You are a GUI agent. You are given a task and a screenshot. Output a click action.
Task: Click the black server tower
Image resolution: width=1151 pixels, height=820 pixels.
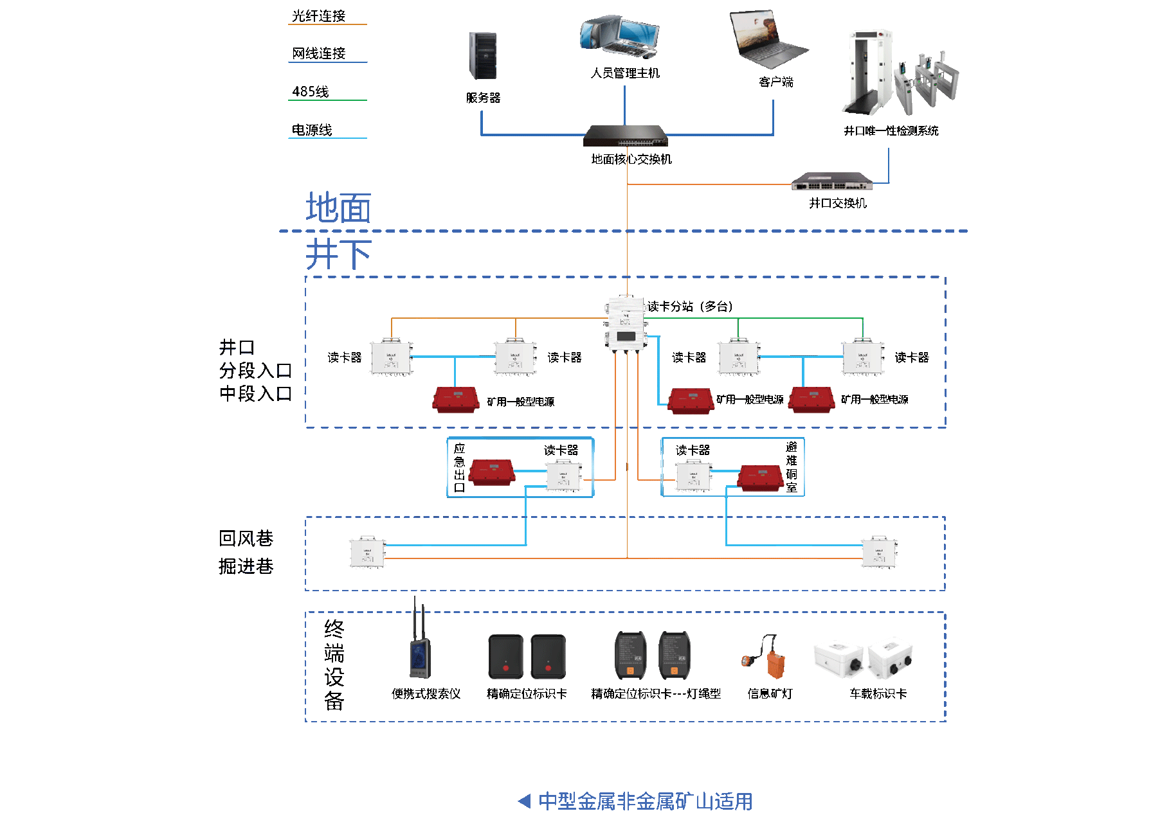(x=483, y=56)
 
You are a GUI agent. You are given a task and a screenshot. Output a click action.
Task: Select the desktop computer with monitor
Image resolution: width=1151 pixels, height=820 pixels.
(x=620, y=37)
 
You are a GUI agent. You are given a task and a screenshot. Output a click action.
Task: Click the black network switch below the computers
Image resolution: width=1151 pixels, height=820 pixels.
(x=624, y=136)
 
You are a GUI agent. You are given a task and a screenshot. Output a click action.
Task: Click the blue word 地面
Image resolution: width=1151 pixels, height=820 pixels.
(x=338, y=208)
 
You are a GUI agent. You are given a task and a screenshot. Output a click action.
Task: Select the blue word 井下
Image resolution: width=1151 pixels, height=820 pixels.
(x=338, y=254)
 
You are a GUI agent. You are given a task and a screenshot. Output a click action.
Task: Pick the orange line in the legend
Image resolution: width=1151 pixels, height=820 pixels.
(x=327, y=24)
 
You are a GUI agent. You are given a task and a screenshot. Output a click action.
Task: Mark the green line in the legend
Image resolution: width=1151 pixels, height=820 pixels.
(x=327, y=100)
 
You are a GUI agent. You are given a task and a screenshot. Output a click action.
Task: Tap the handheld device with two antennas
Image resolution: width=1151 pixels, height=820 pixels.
(x=419, y=649)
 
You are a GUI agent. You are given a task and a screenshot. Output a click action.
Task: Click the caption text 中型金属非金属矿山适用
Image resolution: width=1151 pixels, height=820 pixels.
(x=645, y=801)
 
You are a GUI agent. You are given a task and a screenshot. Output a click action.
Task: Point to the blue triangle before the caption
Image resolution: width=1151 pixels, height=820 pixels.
(x=525, y=801)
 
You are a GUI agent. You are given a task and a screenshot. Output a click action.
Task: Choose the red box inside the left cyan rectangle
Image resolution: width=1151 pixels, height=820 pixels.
(x=492, y=472)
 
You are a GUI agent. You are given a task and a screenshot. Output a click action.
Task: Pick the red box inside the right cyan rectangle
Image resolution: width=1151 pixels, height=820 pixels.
(x=761, y=477)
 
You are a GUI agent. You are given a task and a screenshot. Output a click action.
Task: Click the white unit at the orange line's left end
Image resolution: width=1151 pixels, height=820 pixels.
(x=367, y=552)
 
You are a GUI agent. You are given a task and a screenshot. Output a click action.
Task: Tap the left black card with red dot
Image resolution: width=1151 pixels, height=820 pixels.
(x=506, y=657)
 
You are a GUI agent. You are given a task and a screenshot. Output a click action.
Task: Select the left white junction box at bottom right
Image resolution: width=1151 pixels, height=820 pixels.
(x=838, y=659)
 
